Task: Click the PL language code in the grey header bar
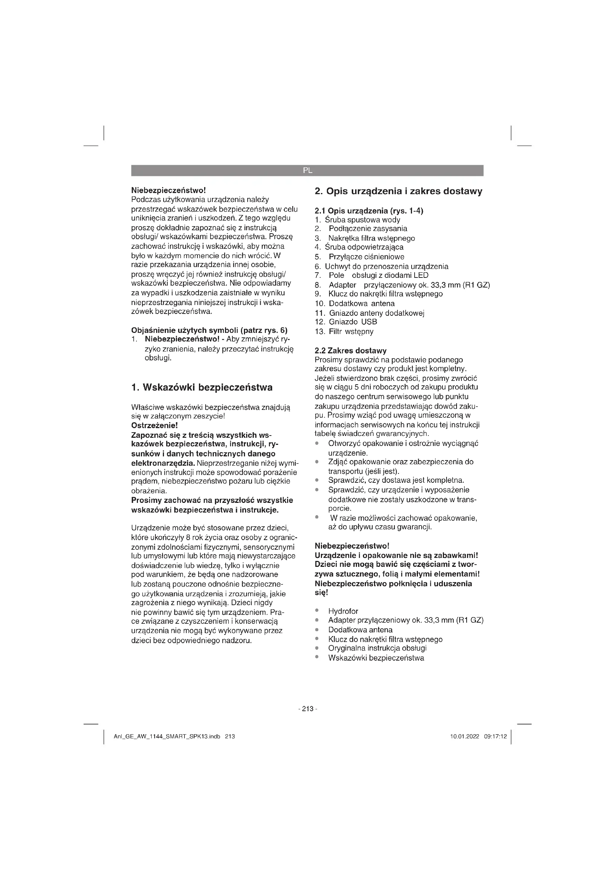(x=307, y=170)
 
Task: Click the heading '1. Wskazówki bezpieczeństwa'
(x=202, y=387)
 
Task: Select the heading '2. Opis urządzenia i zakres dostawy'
(x=398, y=191)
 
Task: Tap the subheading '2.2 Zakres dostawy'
(x=350, y=350)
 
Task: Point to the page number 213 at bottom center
(x=307, y=709)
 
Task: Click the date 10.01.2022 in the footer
(x=464, y=736)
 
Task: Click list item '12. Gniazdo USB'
(x=346, y=322)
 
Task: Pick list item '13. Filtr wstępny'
(x=344, y=331)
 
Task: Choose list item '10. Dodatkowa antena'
(x=354, y=304)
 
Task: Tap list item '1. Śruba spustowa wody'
(x=357, y=220)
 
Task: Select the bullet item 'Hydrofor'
(x=343, y=611)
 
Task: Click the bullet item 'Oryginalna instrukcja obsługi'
(x=377, y=648)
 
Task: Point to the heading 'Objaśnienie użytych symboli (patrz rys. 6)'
(x=209, y=330)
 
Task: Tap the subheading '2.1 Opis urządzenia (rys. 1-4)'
(x=369, y=211)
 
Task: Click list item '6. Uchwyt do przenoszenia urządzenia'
(x=381, y=266)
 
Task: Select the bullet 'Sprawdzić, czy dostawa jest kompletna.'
(x=396, y=481)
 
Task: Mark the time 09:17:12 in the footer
(x=495, y=736)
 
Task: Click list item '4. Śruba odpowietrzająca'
(x=359, y=247)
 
